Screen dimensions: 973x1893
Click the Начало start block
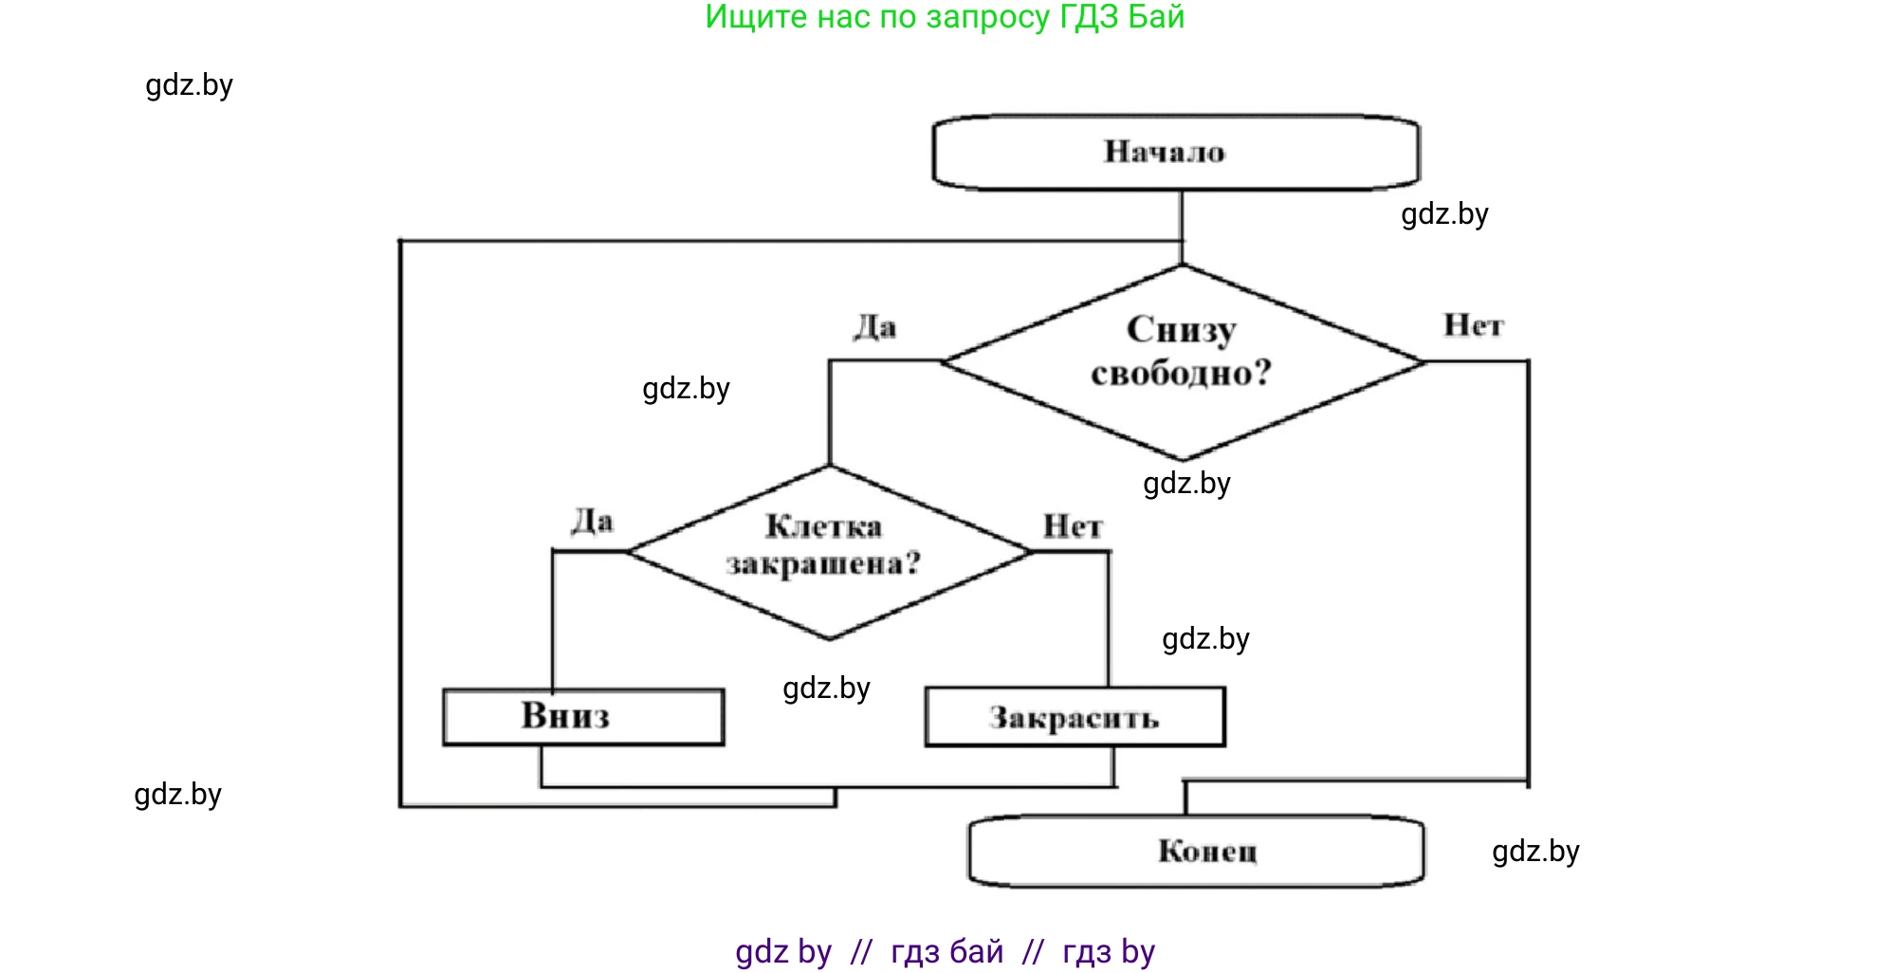tap(1176, 153)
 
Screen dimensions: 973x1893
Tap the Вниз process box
tap(583, 717)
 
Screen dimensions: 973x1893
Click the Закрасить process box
tap(1075, 718)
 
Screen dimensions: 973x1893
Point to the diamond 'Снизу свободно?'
tap(1182, 361)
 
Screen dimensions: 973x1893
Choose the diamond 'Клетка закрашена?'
tap(829, 552)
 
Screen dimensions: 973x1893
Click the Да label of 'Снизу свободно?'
tap(874, 327)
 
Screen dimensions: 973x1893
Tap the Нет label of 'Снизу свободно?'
tap(1473, 325)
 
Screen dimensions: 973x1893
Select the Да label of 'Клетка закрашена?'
tap(593, 521)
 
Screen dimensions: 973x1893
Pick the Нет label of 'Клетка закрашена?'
tap(1073, 526)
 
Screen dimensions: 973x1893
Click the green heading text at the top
tap(945, 17)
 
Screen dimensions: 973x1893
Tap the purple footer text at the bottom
tap(945, 951)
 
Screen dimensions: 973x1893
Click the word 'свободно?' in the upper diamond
tap(1181, 374)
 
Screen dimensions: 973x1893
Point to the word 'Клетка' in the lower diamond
tap(823, 526)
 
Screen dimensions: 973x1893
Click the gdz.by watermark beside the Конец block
tap(1535, 851)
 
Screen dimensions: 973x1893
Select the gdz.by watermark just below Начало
tap(1444, 214)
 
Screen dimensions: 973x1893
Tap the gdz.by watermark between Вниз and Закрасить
tap(826, 688)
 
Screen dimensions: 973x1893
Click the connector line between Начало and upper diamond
tap(1182, 226)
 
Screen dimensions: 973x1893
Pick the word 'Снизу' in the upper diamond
tap(1182, 331)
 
